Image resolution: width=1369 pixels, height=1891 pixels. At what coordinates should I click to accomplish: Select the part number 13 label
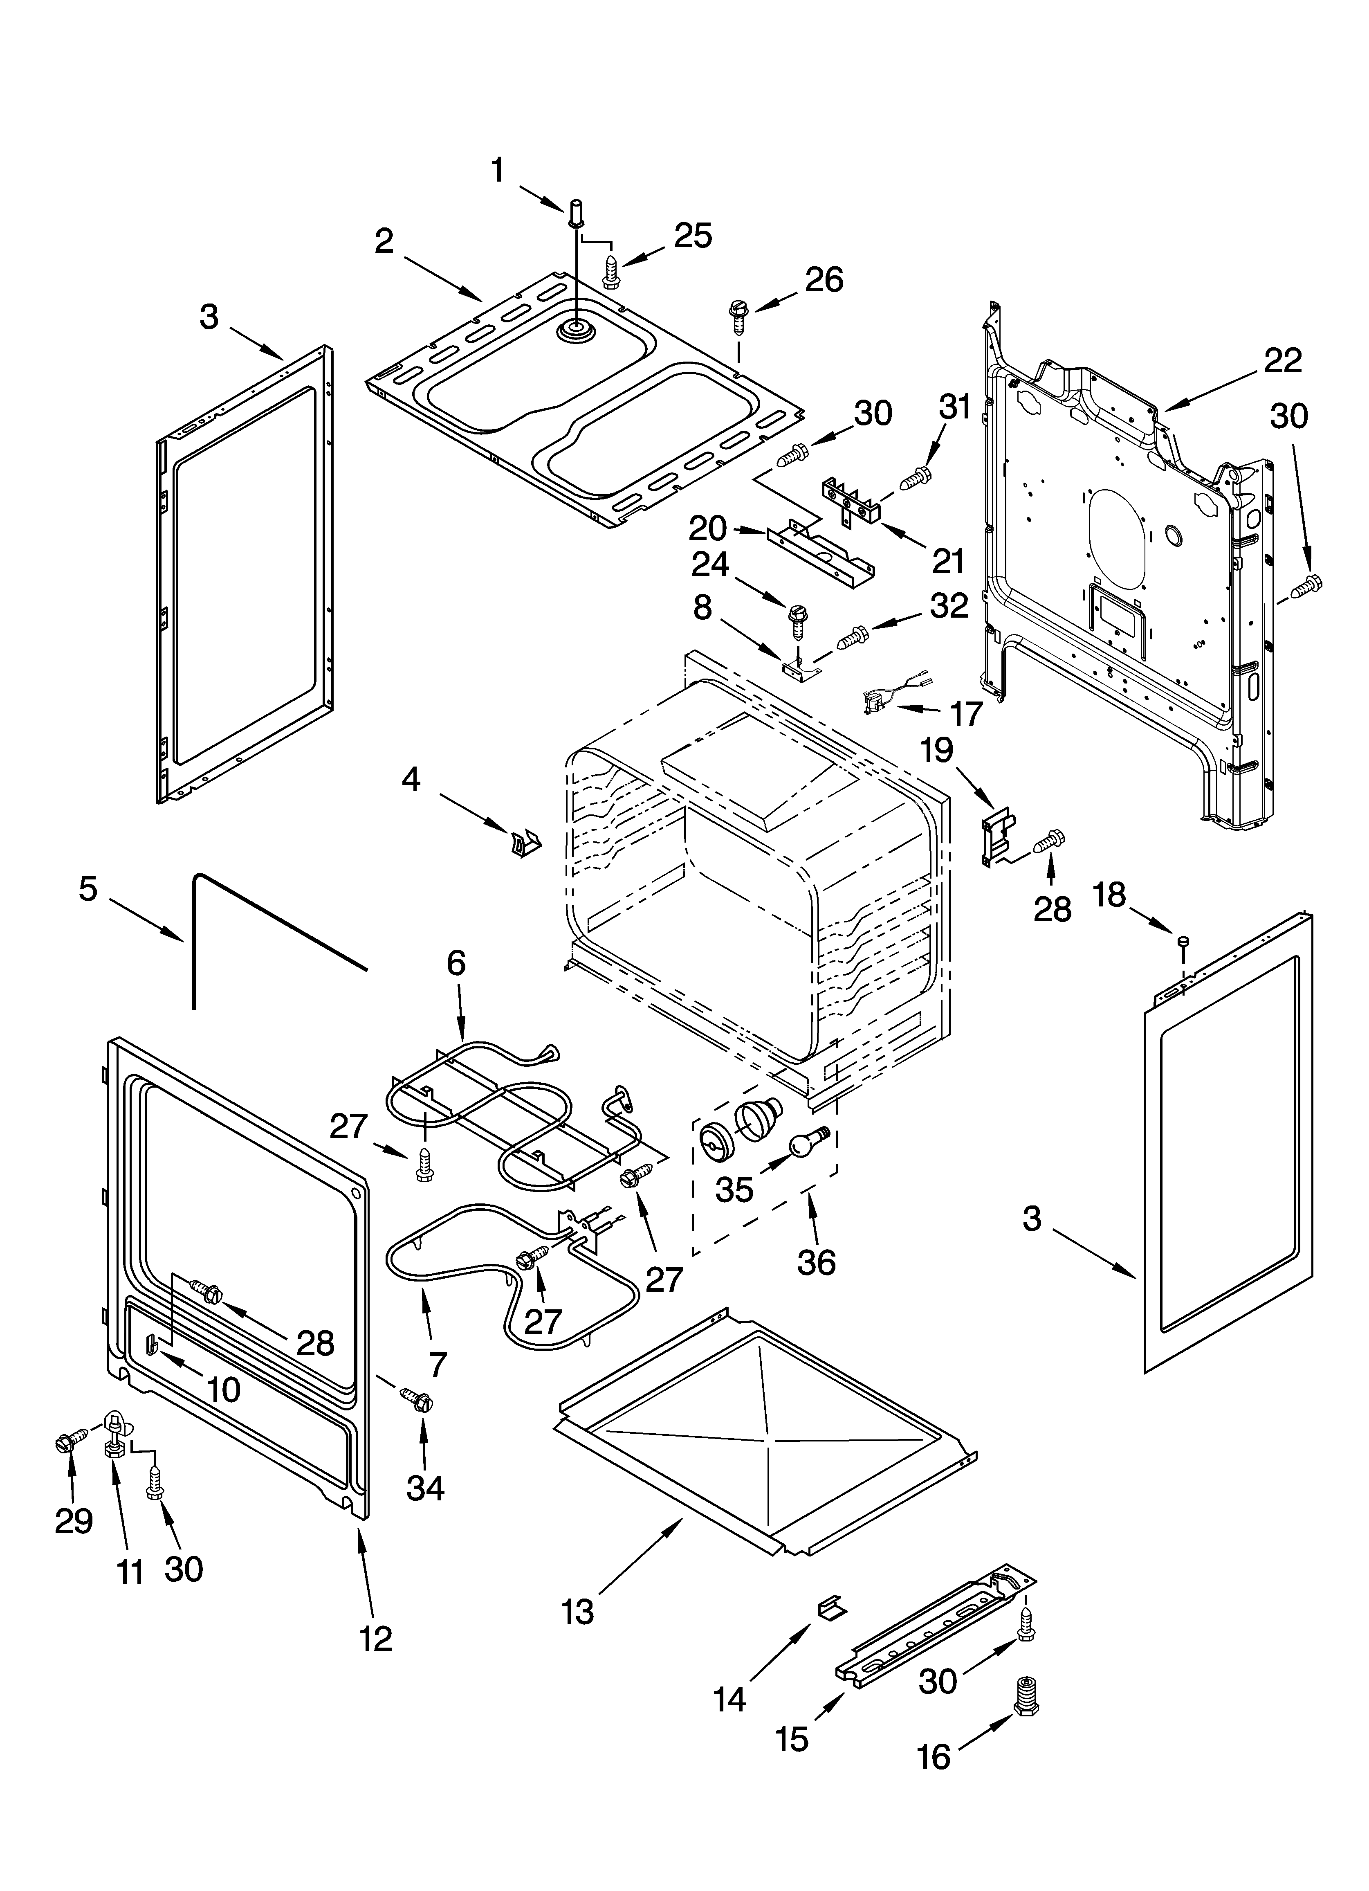(x=578, y=1612)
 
